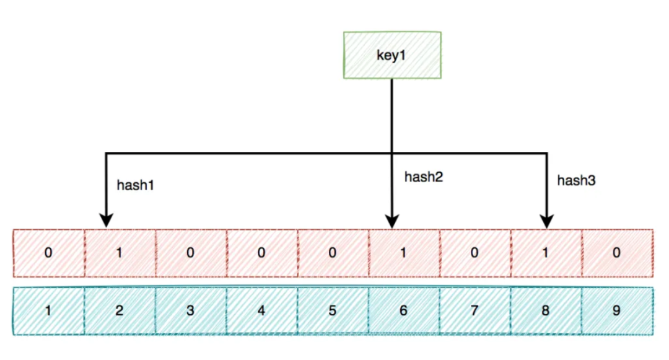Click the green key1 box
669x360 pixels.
click(x=392, y=55)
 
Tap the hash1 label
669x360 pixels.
click(x=135, y=185)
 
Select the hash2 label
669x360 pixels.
click(x=424, y=177)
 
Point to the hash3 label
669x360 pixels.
click(x=576, y=180)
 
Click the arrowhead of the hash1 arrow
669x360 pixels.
click(x=107, y=221)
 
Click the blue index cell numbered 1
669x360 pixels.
click(x=49, y=310)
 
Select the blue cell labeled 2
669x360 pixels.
click(x=120, y=310)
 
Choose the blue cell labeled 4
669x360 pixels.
click(x=262, y=310)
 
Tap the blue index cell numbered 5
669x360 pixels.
click(x=333, y=310)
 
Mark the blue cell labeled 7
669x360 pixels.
click(x=475, y=310)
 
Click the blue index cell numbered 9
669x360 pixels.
click(x=618, y=310)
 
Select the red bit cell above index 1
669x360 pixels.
click(x=49, y=253)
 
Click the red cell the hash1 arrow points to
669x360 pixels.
click(x=120, y=253)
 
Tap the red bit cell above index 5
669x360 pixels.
click(x=333, y=253)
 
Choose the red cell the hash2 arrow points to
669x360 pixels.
click(x=404, y=253)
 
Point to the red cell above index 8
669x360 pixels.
click(x=546, y=253)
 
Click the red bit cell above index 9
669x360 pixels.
click(x=618, y=253)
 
